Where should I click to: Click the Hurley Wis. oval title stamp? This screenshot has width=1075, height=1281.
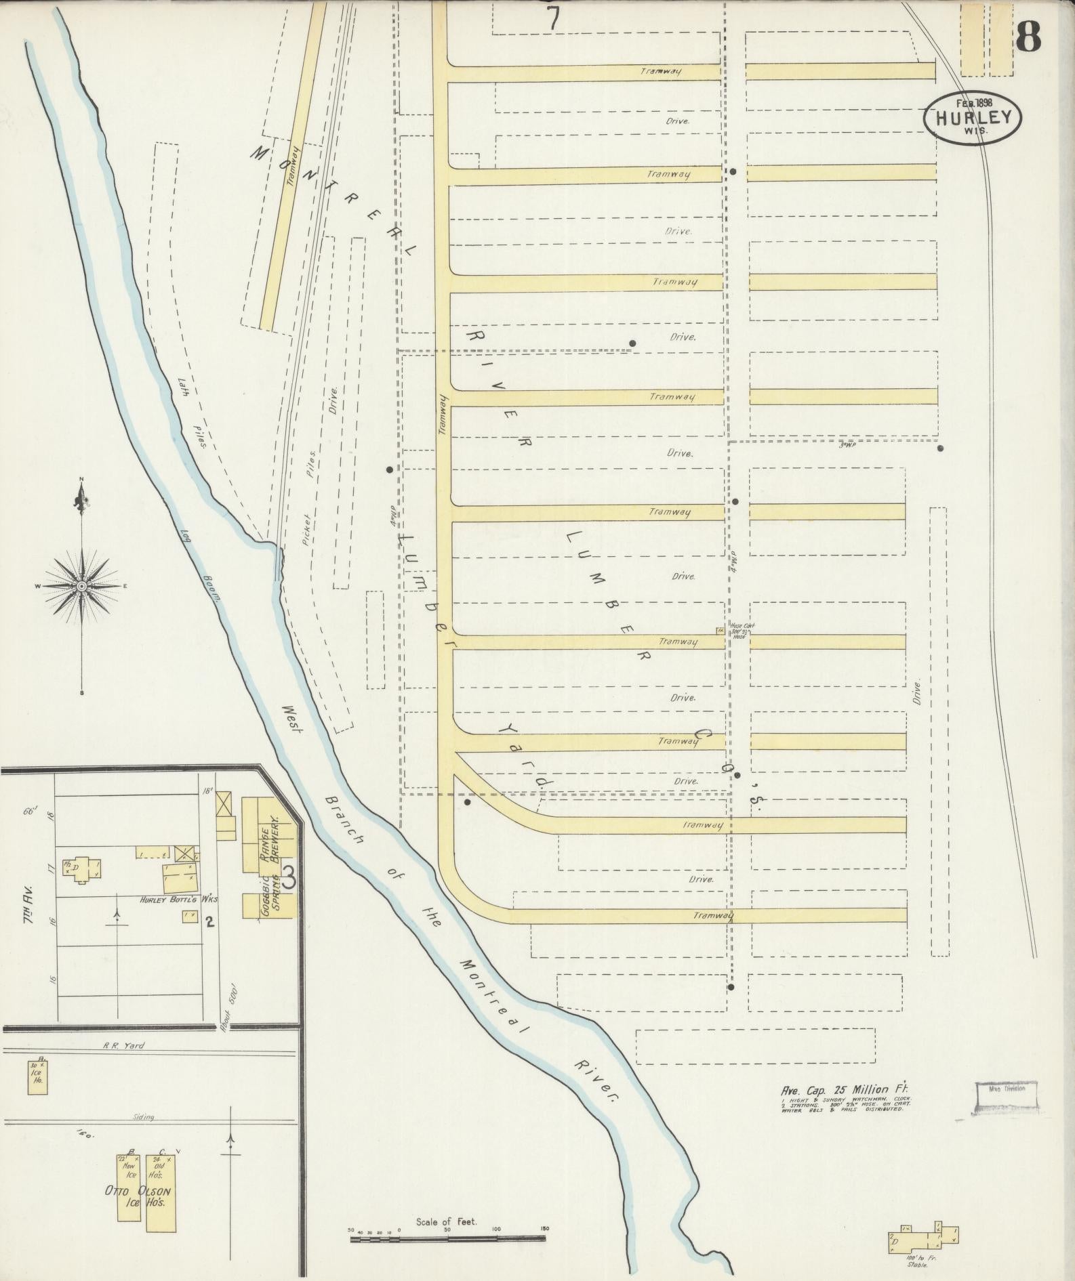pyautogui.click(x=972, y=117)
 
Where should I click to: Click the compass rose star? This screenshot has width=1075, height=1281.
pyautogui.click(x=81, y=585)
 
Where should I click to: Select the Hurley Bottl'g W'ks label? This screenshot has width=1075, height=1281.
pyautogui.click(x=172, y=900)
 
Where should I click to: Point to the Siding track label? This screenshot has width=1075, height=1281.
pyautogui.click(x=144, y=1117)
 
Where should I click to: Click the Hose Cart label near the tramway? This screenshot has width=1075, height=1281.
pyautogui.click(x=737, y=628)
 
